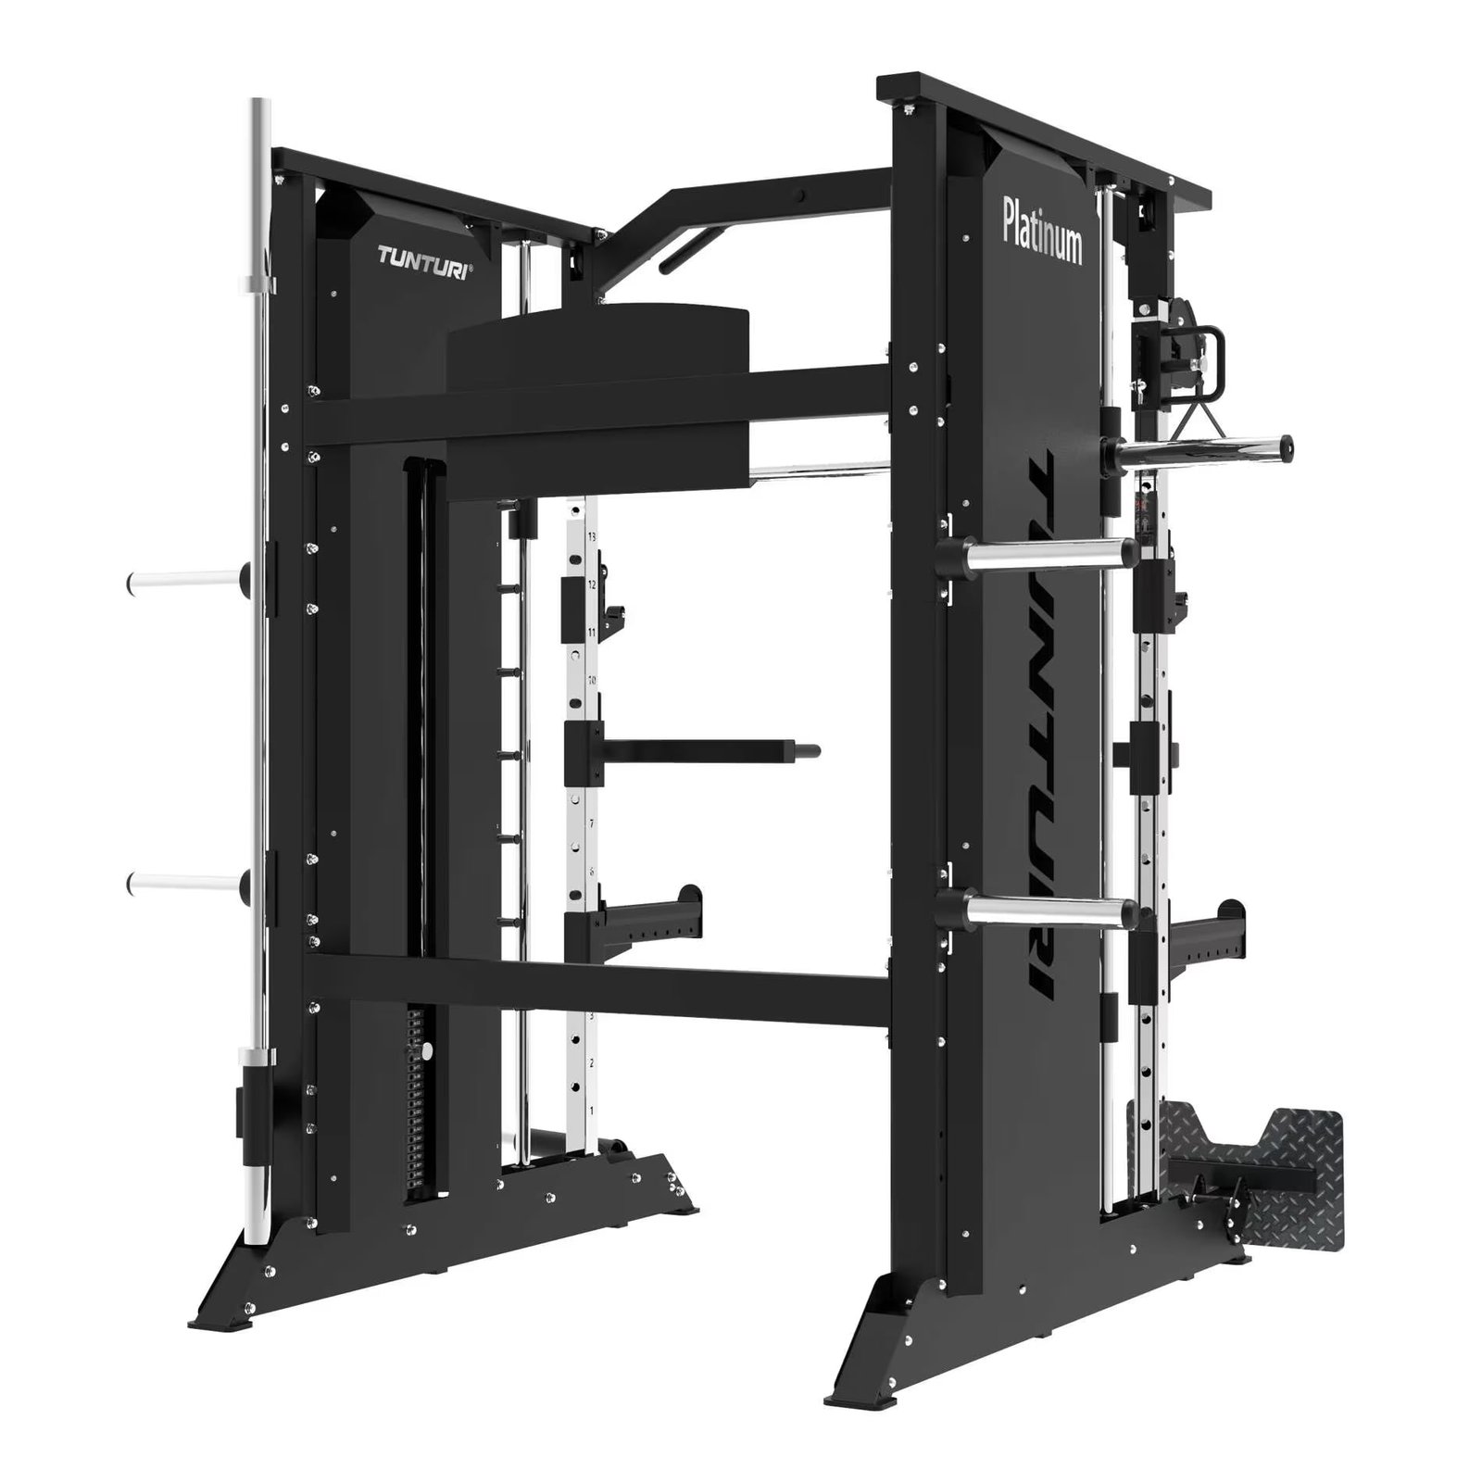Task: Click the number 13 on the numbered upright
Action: coord(591,536)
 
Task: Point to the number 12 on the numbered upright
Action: coord(591,584)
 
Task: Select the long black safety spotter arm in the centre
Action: coord(704,747)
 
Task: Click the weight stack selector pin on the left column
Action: coord(427,1050)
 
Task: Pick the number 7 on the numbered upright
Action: coord(591,823)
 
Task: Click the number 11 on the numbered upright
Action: coord(591,632)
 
